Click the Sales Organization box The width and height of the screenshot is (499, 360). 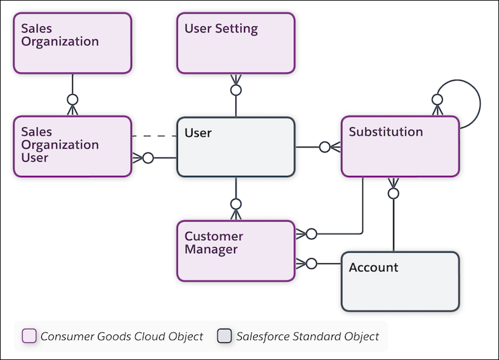click(72, 43)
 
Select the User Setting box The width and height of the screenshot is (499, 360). click(236, 43)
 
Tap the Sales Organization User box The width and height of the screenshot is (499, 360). click(72, 146)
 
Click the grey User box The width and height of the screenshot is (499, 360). click(236, 147)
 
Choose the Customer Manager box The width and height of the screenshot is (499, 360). click(236, 250)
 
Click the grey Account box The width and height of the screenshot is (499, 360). click(400, 281)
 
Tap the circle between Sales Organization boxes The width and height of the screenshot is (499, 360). click(72, 99)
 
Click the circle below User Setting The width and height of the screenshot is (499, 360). click(236, 90)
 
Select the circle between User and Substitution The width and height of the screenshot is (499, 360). click(324, 147)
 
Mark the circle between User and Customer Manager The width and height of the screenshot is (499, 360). click(236, 204)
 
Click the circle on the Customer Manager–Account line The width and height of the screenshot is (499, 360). click(311, 263)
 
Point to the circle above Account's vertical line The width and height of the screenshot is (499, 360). click(393, 193)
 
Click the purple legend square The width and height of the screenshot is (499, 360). click(29, 336)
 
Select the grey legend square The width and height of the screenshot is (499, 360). click(225, 336)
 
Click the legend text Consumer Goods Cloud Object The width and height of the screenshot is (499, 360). click(122, 336)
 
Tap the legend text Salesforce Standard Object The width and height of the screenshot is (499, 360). click(308, 336)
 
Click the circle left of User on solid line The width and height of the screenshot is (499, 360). click(148, 158)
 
